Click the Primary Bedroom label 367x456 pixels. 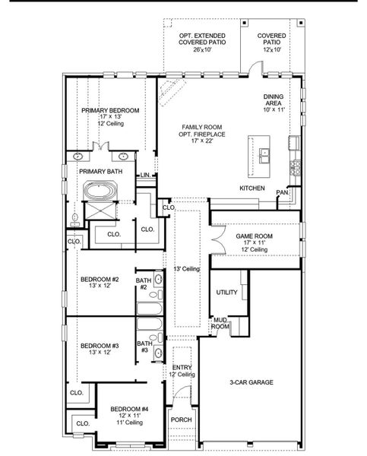(110, 110)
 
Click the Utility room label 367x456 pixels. (226, 292)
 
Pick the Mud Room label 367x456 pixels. (220, 323)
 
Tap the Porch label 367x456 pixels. (181, 420)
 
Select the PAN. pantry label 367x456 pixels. (282, 193)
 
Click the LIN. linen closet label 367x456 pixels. (144, 176)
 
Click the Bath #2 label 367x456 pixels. (144, 284)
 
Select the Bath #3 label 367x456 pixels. (144, 346)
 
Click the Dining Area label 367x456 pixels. (274, 103)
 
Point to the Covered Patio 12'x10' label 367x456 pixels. (271, 43)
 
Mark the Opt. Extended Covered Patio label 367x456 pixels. (201, 43)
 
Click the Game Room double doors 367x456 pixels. (217, 242)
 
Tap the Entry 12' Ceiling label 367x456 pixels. (182, 371)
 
